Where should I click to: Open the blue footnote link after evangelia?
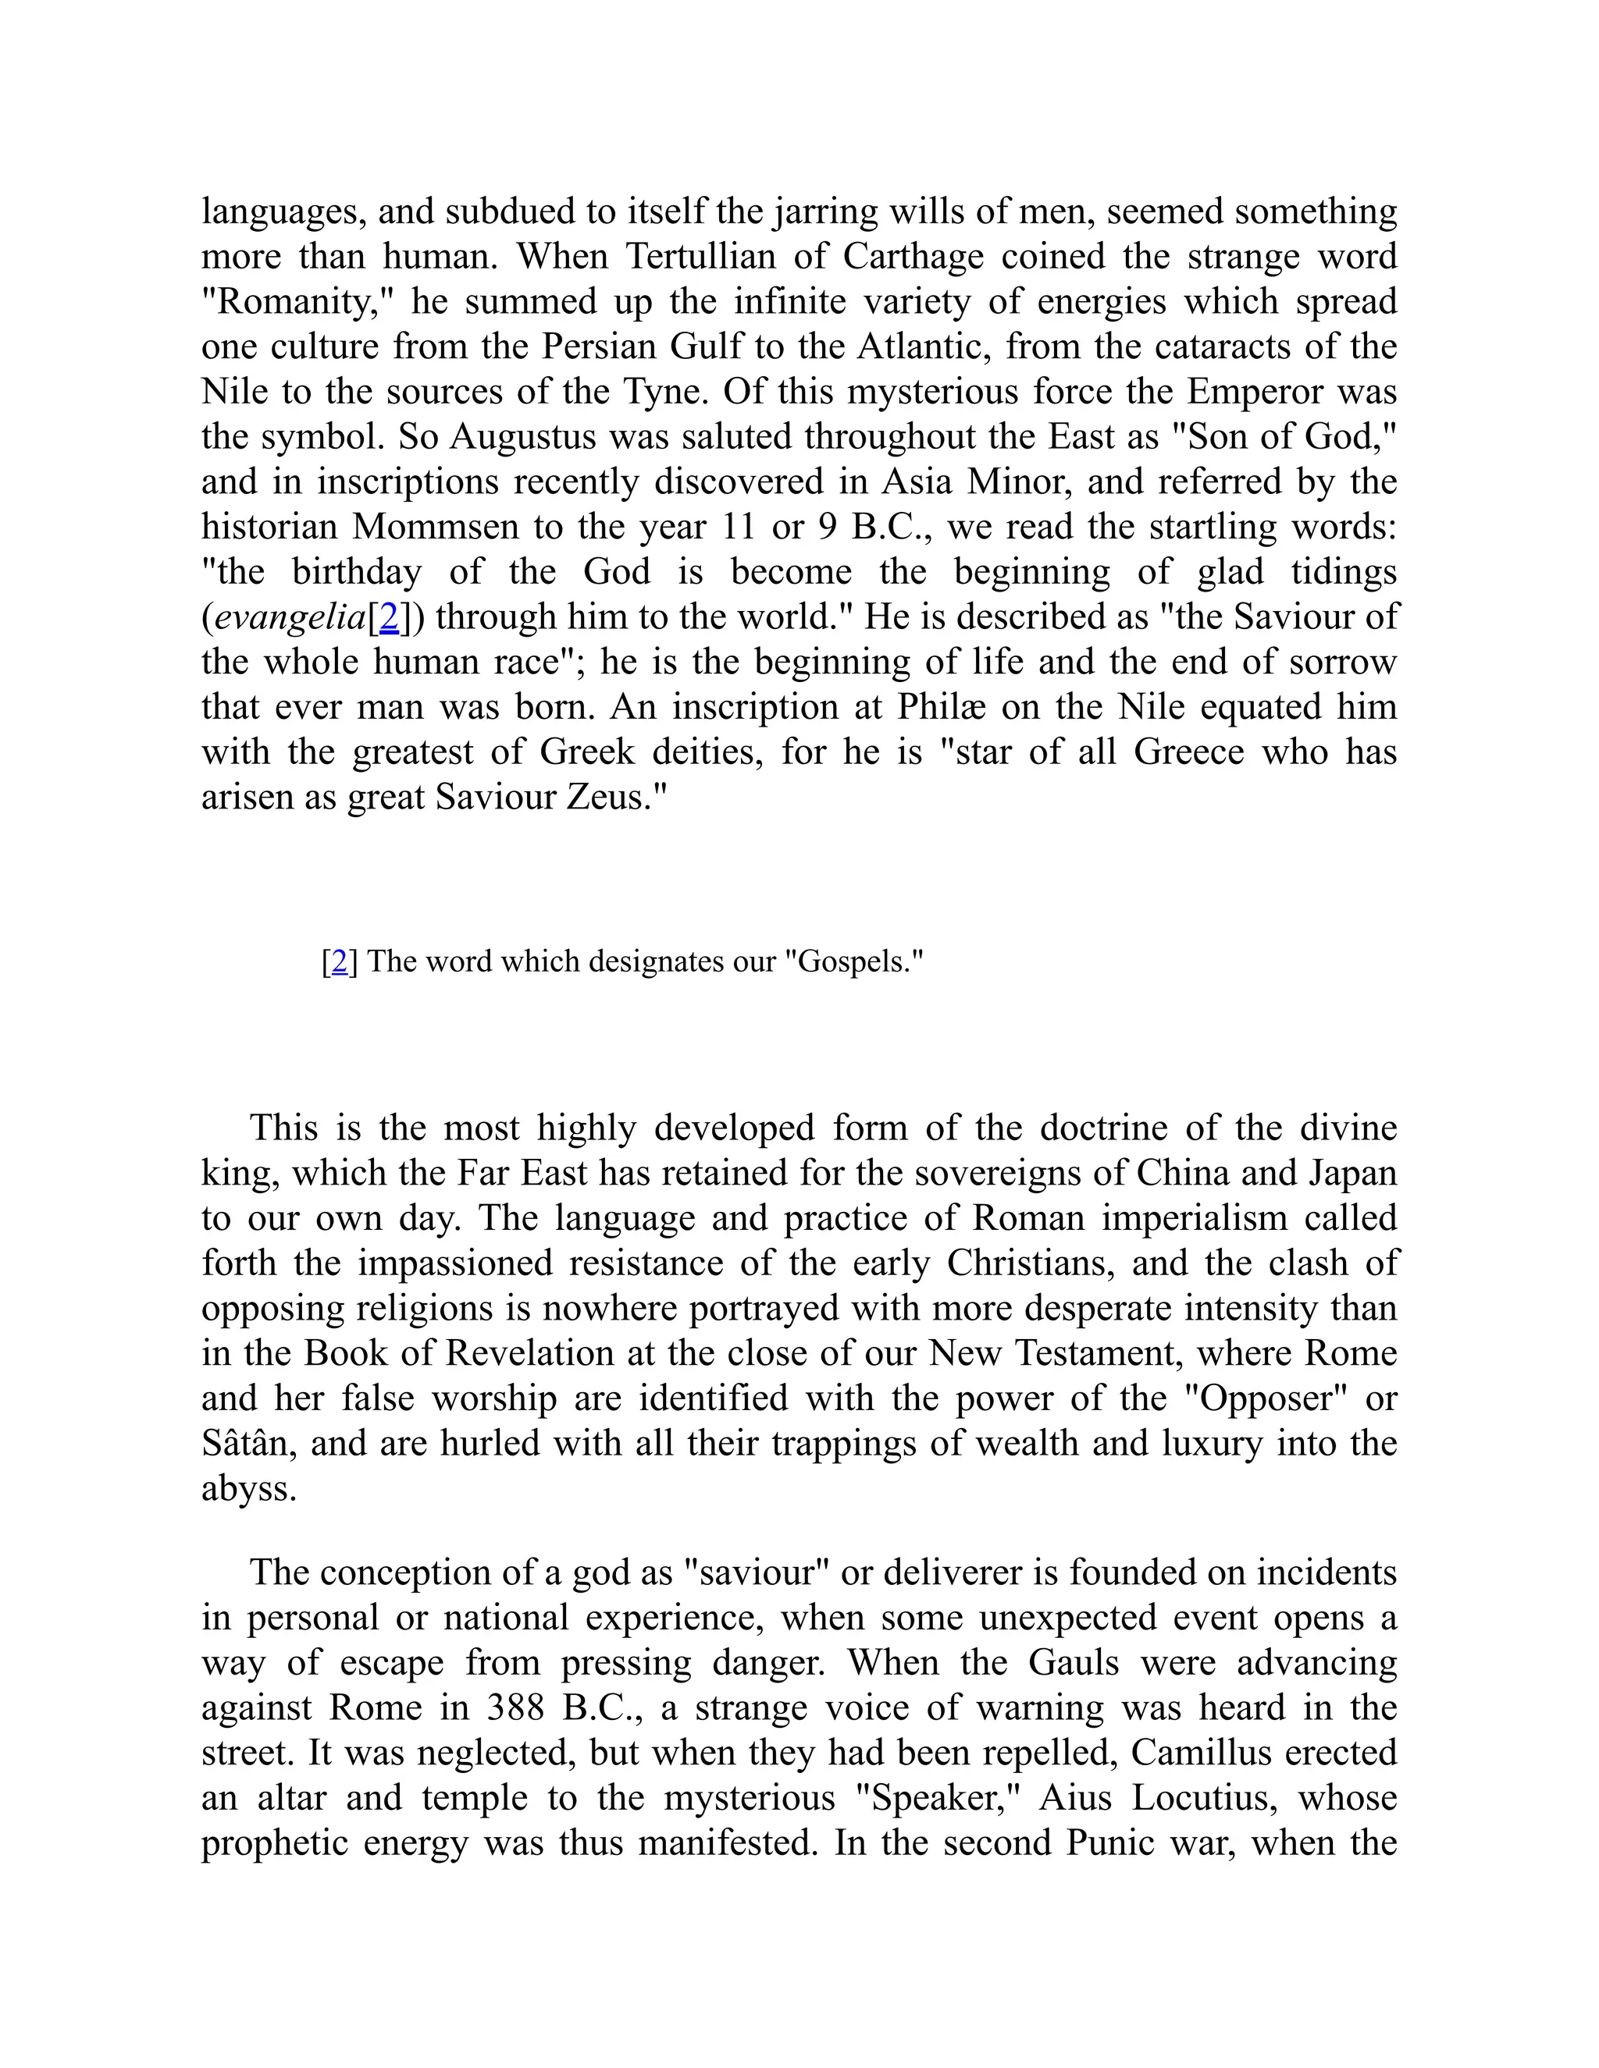[x=388, y=617]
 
